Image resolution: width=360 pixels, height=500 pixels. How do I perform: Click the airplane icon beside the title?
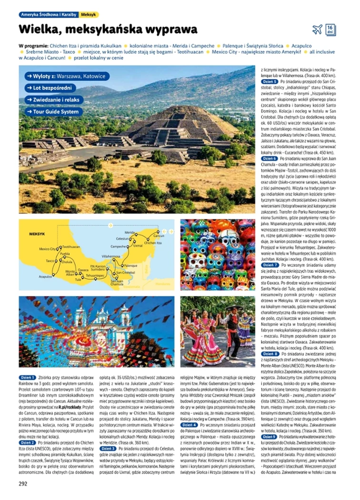tap(317, 29)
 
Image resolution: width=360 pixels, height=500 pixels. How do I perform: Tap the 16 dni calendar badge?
tap(331, 29)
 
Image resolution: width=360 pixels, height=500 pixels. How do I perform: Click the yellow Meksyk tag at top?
tap(89, 15)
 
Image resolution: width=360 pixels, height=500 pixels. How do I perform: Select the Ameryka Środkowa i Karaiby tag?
tap(49, 15)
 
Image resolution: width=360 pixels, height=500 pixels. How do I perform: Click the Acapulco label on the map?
tap(45, 276)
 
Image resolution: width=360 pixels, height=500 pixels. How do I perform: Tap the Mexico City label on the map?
tap(47, 248)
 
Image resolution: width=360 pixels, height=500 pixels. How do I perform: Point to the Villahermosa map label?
tap(110, 256)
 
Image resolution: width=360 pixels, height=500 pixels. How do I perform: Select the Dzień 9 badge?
tap(270, 437)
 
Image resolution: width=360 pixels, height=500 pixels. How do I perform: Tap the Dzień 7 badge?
tap(270, 265)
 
